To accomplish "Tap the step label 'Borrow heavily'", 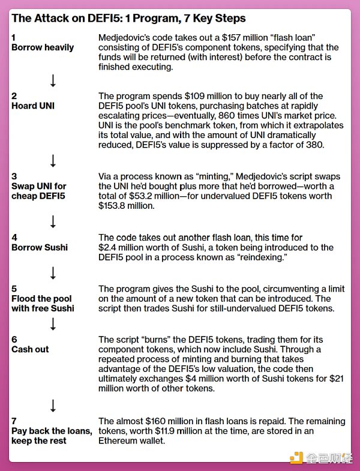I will click(43, 47).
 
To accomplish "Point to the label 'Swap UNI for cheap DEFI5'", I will click(38, 191).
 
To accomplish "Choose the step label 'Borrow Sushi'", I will click(38, 247).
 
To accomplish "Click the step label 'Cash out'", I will click(30, 349).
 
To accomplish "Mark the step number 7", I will click(14, 421).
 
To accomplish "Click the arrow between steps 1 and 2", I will click(53, 80).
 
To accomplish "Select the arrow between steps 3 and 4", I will click(53, 222).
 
